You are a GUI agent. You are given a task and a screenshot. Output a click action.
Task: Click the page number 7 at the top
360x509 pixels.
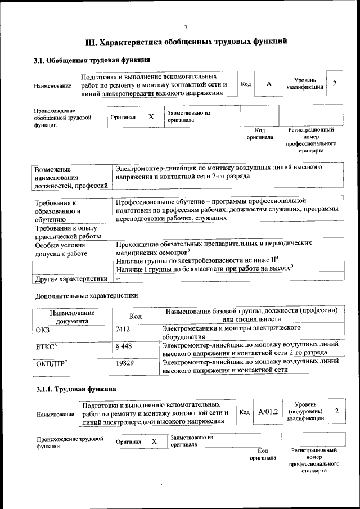[186, 27]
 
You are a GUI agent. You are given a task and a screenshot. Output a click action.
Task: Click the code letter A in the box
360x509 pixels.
[269, 84]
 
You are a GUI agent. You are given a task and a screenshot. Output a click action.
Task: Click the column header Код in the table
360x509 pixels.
[135, 317]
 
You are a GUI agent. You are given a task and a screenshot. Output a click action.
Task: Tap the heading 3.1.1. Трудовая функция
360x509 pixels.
[76, 389]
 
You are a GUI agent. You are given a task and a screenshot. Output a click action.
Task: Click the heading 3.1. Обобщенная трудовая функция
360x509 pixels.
[93, 61]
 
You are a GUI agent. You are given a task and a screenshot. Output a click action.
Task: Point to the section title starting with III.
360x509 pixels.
[186, 42]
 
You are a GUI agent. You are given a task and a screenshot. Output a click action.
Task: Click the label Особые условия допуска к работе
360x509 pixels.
[61, 250]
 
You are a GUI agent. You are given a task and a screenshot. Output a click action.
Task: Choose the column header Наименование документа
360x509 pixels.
[72, 317]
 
